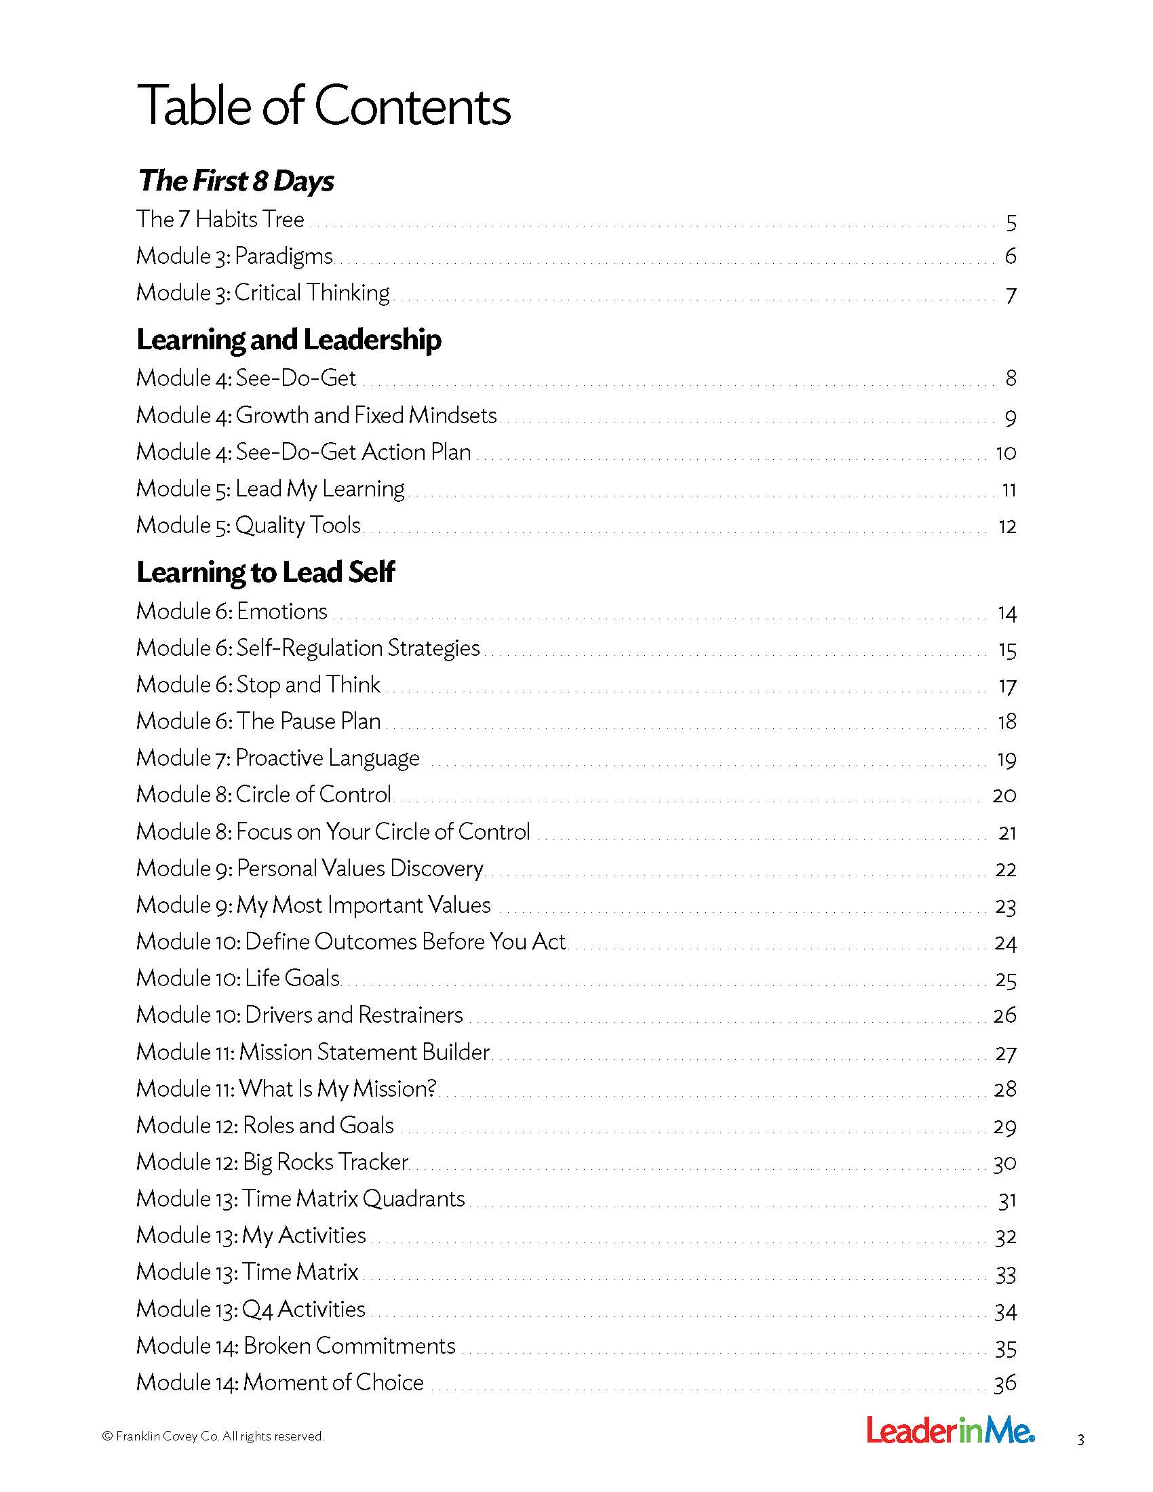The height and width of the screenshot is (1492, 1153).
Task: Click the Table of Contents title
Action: tap(323, 106)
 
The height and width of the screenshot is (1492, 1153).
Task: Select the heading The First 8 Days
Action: tap(235, 181)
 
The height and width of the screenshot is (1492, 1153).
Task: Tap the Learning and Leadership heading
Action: tap(288, 340)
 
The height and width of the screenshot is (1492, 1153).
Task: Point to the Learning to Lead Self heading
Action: tap(265, 572)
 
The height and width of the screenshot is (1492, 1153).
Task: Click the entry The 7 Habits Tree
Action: tap(220, 219)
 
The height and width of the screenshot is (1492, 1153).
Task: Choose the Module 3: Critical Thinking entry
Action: tap(263, 292)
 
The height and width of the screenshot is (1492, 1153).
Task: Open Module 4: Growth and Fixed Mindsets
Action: tap(316, 414)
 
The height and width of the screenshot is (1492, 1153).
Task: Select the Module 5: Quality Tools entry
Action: tap(248, 525)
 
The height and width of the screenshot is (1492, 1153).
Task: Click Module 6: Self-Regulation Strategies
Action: tap(307, 648)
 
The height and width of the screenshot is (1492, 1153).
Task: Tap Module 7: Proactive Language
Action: tap(277, 758)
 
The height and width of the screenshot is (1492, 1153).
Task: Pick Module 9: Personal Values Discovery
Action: tap(309, 867)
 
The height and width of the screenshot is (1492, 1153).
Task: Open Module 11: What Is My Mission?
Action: tap(286, 1088)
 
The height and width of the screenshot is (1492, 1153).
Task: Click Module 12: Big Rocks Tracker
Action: tap(272, 1161)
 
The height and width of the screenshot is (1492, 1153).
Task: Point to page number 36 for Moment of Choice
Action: tap(1004, 1383)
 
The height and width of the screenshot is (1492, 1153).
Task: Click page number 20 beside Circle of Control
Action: tap(1004, 796)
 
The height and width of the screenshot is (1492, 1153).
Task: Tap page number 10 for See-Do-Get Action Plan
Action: tap(1005, 453)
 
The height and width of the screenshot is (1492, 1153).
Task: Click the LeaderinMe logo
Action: tap(950, 1430)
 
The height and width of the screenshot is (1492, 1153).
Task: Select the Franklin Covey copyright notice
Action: tap(212, 1436)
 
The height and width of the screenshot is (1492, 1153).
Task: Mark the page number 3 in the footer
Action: tap(1080, 1440)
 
